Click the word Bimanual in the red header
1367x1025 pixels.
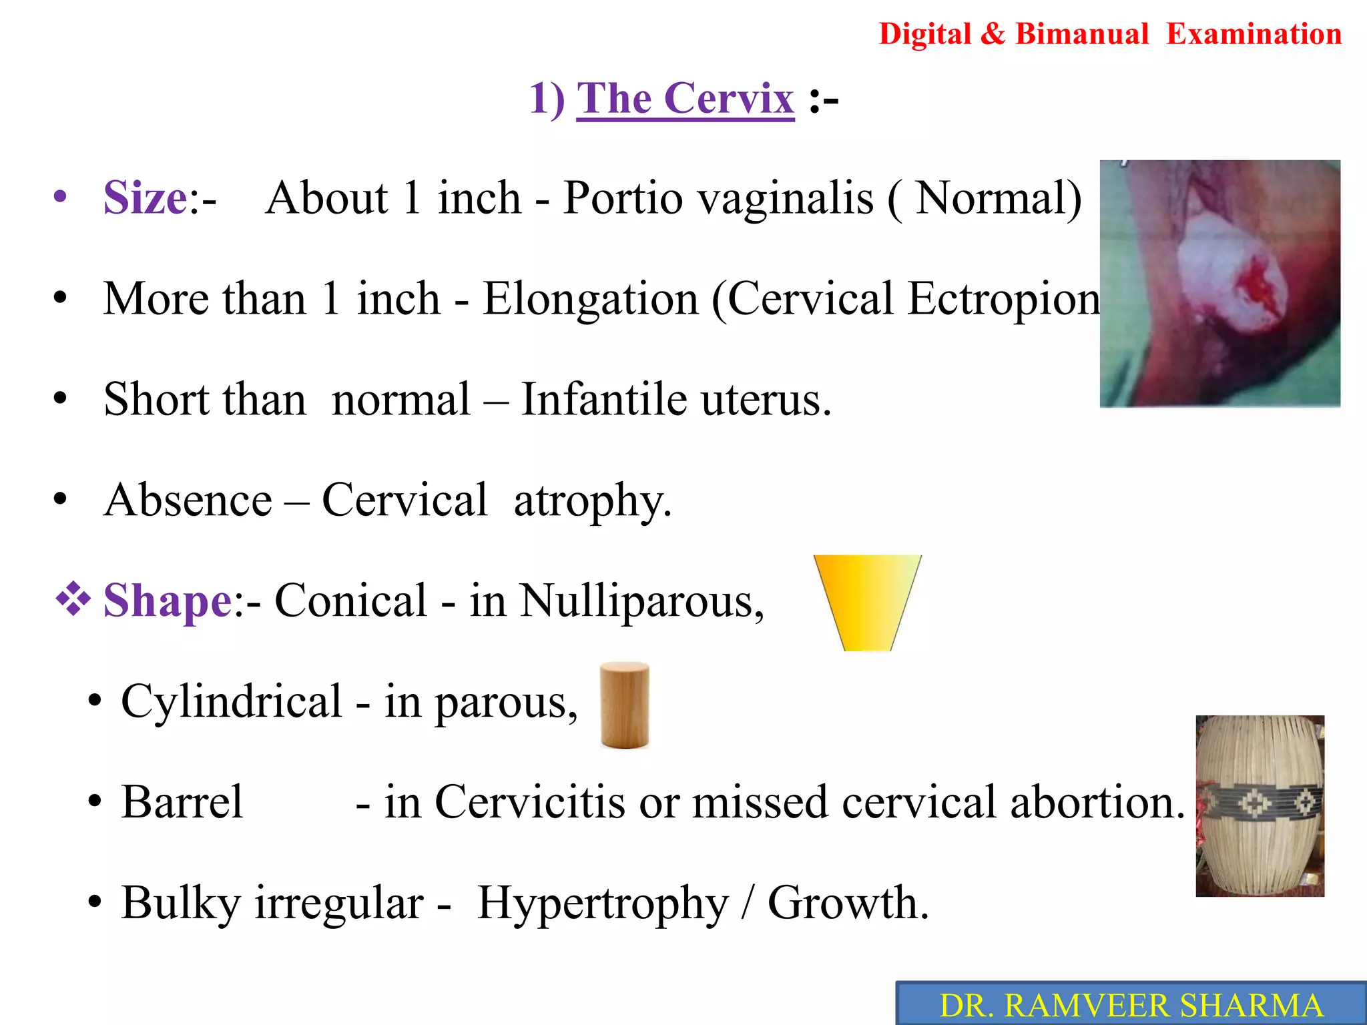click(1081, 34)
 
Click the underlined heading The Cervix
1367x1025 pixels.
click(686, 99)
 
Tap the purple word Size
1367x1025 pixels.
click(145, 198)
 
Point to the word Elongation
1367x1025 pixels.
click(590, 298)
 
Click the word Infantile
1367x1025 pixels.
click(603, 399)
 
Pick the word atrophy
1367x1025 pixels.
click(591, 500)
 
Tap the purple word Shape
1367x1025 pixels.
click(168, 601)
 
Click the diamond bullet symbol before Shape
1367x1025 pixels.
click(73, 598)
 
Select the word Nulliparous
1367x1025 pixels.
click(641, 601)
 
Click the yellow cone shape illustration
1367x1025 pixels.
click(867, 601)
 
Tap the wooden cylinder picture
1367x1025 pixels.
click(625, 705)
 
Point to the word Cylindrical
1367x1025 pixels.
click(232, 702)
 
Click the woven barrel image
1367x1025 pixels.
click(1260, 805)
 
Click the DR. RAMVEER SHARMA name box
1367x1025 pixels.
click(1131, 1005)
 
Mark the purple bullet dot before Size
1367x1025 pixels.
click(61, 197)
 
